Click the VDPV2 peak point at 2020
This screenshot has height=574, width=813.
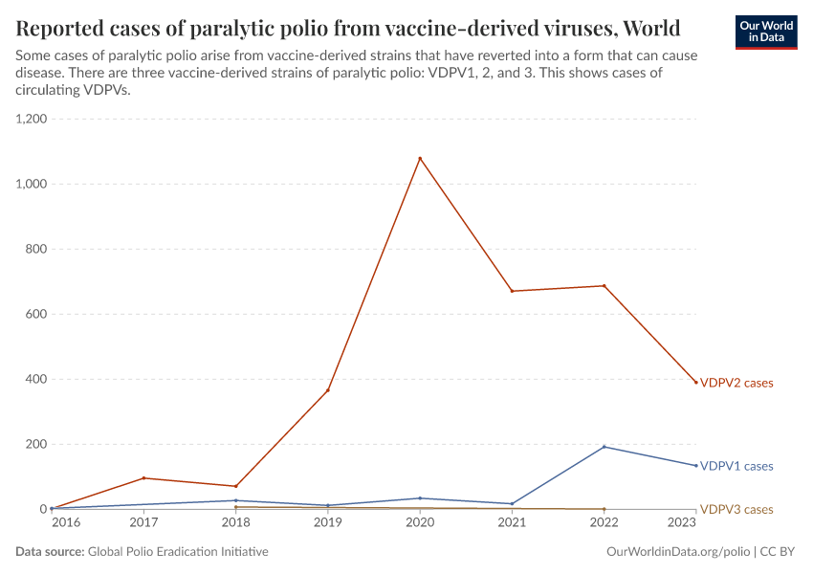[420, 158]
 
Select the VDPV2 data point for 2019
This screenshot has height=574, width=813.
[328, 390]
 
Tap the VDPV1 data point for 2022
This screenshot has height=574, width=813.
[604, 447]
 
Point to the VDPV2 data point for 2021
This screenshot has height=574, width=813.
[512, 291]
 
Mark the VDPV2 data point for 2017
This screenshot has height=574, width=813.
[143, 478]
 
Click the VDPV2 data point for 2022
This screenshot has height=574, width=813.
[604, 285]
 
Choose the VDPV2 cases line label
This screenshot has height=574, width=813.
[736, 383]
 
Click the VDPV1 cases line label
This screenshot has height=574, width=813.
[736, 466]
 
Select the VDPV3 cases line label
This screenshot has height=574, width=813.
[736, 509]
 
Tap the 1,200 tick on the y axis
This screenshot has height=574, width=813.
[31, 119]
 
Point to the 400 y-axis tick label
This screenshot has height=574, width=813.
[36, 379]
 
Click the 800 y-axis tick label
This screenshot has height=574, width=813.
[36, 249]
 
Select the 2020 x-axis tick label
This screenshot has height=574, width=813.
[420, 522]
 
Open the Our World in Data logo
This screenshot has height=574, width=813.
[765, 32]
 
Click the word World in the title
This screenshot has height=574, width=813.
[650, 26]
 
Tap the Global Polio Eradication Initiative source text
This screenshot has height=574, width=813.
[178, 552]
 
